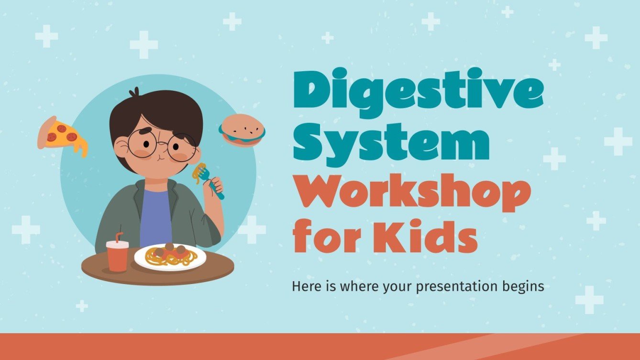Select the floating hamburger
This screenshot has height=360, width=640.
pos(242,131)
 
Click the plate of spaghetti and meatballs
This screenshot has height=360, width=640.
pos(170,257)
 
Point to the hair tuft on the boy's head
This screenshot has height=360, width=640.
pos(136,91)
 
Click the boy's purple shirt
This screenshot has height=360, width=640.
pos(156,218)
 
